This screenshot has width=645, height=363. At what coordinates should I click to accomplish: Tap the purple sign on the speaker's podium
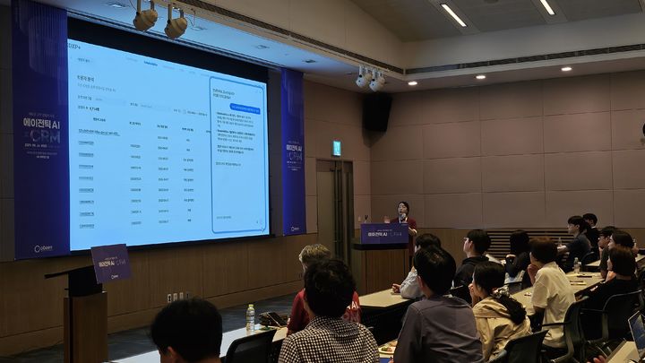pos(384,234)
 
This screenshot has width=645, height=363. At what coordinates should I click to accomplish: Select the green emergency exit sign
pos(337,147)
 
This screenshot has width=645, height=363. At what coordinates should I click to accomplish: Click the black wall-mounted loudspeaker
pos(377,112)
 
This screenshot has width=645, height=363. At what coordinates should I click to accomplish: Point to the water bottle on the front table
pos(250,316)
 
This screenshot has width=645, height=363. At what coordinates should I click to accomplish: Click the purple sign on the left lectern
pos(111,263)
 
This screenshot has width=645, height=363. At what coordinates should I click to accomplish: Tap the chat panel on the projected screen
pos(237,154)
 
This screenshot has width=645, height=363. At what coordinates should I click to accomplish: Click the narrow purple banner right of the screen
pos(294,152)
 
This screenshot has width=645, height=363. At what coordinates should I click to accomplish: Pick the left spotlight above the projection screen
pos(144,16)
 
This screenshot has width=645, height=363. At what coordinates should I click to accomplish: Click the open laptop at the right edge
pos(637,331)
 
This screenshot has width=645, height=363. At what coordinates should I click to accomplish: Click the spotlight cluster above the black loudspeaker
pos(370,79)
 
